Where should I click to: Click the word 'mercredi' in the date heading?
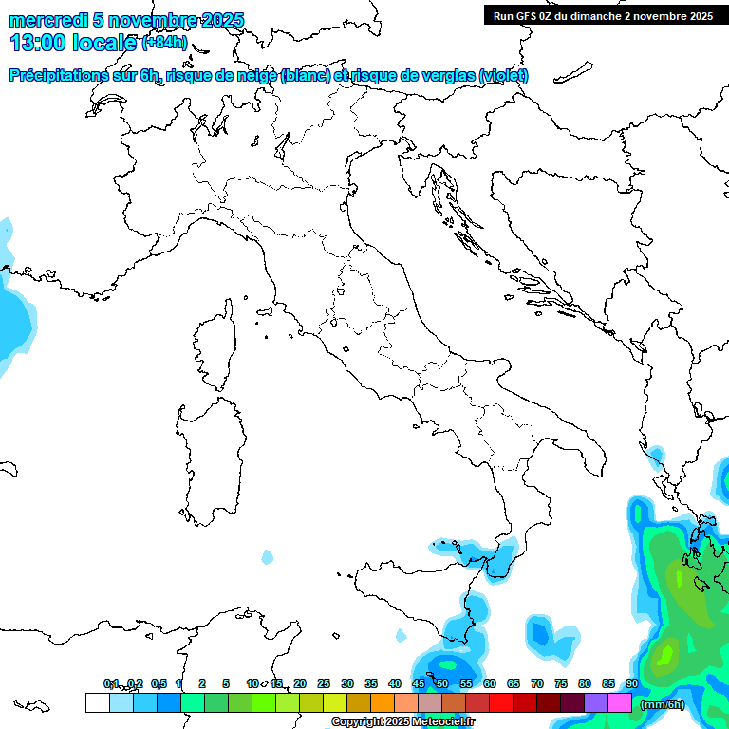pyautogui.click(x=47, y=20)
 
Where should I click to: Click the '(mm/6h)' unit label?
pyautogui.click(x=662, y=704)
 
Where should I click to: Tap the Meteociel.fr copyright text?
pyautogui.click(x=402, y=722)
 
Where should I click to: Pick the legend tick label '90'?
pyautogui.click(x=632, y=683)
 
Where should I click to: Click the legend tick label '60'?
pyautogui.click(x=490, y=683)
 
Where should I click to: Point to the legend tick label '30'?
pyautogui.click(x=347, y=683)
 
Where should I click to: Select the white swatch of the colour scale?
pyautogui.click(x=97, y=702)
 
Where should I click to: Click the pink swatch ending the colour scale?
pyautogui.click(x=620, y=702)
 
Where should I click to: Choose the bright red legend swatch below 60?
pyautogui.click(x=501, y=702)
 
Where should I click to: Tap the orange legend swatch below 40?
pyautogui.click(x=383, y=702)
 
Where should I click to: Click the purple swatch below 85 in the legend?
pyautogui.click(x=596, y=702)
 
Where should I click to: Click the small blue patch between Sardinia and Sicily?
pyautogui.click(x=268, y=556)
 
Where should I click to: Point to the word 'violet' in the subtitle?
pyautogui.click(x=504, y=76)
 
